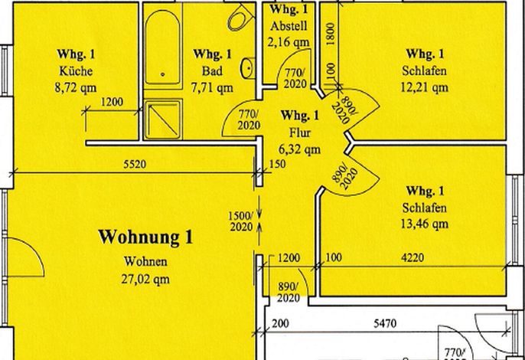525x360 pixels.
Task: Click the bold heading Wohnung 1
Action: tap(145, 237)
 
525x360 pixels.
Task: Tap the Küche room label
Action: tap(76, 71)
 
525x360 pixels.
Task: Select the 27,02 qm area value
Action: tap(145, 280)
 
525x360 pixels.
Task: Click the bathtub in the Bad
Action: tap(163, 47)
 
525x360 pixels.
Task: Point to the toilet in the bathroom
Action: tap(240, 18)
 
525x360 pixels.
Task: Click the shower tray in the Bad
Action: tap(163, 119)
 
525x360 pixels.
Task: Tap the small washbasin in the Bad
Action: tap(248, 68)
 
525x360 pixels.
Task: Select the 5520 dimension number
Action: tap(135, 164)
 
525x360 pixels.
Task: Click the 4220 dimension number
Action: tap(412, 257)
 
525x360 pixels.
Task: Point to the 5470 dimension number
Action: tap(385, 323)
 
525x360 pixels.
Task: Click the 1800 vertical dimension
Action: tap(330, 34)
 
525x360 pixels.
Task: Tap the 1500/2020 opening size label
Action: tap(241, 221)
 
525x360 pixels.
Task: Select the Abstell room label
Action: tap(289, 26)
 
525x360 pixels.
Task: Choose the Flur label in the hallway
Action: tap(300, 133)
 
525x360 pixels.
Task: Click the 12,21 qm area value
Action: tap(424, 87)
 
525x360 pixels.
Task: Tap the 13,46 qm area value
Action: tap(424, 224)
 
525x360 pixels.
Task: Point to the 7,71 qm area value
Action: tap(212, 88)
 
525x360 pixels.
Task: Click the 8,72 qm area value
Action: tap(76, 88)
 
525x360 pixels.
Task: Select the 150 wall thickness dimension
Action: tap(278, 164)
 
